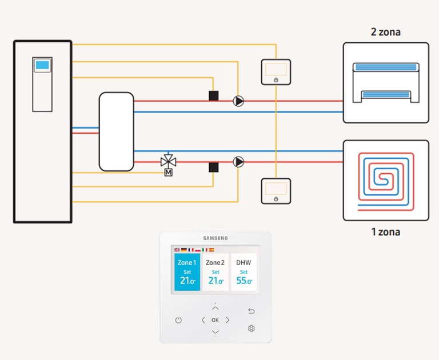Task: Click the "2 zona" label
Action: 385,32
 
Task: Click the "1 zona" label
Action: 385,232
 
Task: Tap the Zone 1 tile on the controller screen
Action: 187,272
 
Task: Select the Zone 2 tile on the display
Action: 215,272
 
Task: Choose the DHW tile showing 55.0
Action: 244,272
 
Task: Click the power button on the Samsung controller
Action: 178,320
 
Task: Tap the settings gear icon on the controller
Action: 252,329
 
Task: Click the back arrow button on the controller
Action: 252,311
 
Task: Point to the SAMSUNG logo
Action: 215,238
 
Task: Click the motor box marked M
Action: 168,173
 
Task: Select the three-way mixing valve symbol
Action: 168,162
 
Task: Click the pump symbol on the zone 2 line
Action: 238,101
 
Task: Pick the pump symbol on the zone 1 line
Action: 238,162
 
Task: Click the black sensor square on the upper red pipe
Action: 214,96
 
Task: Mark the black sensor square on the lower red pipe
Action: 214,167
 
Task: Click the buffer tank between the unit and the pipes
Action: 117,131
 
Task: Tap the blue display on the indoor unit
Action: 42,65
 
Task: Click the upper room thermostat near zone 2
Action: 276,72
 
